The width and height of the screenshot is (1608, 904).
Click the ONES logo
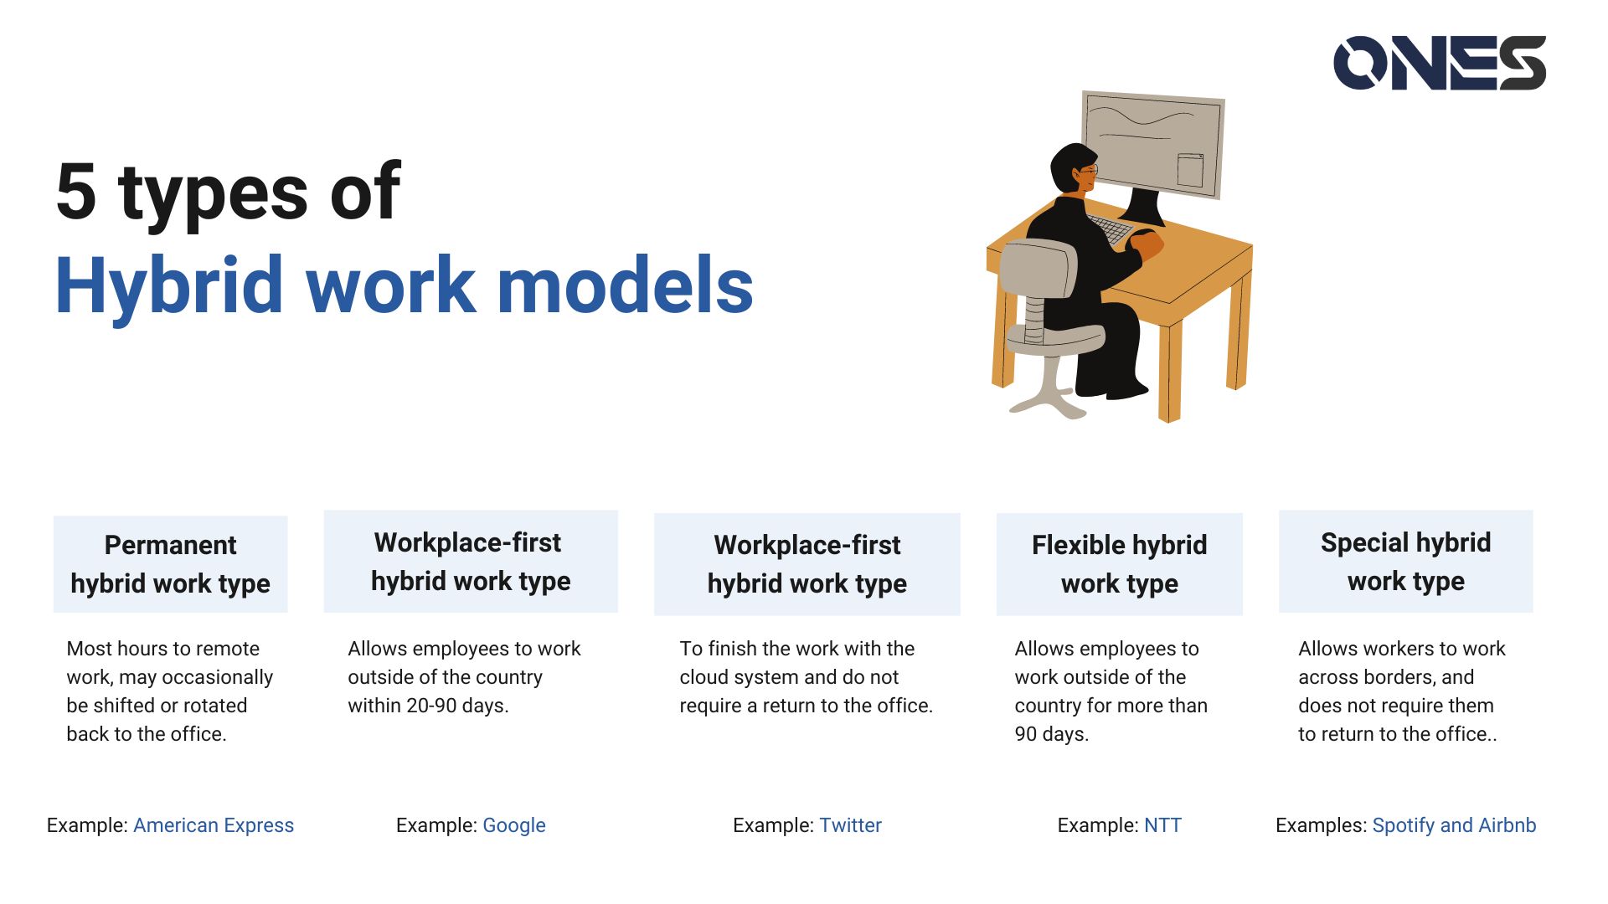[1439, 63]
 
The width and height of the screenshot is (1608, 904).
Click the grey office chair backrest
[1038, 268]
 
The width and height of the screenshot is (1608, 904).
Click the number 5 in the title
[76, 193]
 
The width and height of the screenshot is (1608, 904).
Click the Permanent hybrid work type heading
[170, 564]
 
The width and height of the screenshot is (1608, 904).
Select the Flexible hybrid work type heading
[1119, 564]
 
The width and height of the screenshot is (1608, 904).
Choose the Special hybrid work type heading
[1405, 562]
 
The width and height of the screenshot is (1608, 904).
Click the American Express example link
[214, 825]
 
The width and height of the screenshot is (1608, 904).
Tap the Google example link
[514, 825]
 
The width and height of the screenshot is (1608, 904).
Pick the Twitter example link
[850, 825]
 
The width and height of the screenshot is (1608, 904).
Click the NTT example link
[1162, 825]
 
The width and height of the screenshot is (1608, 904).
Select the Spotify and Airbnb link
[1454, 825]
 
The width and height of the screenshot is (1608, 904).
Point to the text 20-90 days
[456, 706]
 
